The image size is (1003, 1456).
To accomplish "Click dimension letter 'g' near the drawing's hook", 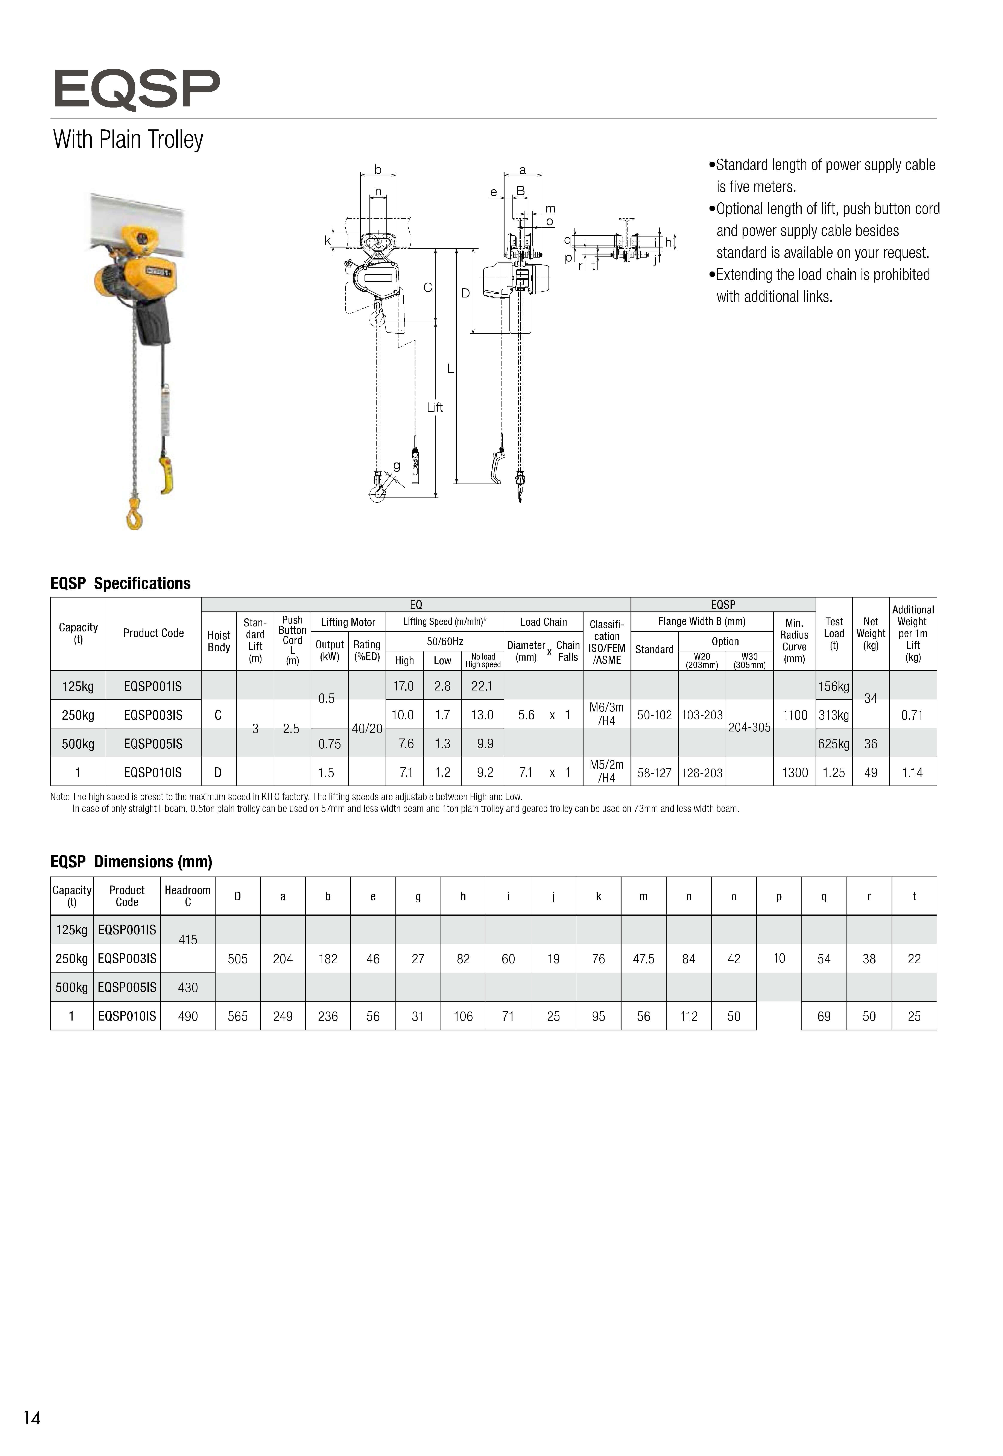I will [x=397, y=466].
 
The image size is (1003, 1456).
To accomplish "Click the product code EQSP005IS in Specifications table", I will [x=153, y=744].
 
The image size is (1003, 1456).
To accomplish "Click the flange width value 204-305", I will [x=749, y=727].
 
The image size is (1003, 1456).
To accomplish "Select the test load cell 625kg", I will [x=833, y=744].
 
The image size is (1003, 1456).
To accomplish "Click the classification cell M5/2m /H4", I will [x=606, y=771].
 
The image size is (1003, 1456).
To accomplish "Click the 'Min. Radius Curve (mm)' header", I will [x=794, y=641].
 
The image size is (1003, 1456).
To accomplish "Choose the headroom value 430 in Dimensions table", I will [x=188, y=987].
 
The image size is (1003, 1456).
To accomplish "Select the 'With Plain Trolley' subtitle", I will [x=128, y=140].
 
